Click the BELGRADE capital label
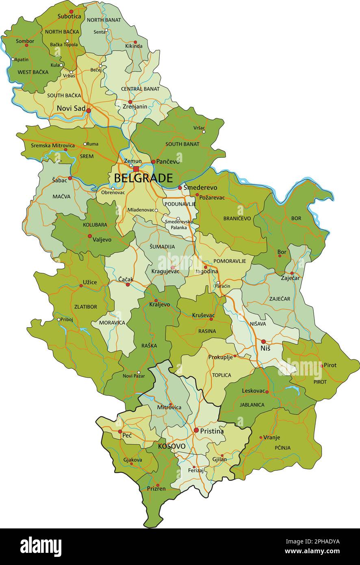[143, 178]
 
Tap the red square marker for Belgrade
[136, 169]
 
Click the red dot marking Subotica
[72, 11]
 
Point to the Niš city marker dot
[263, 342]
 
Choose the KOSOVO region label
[171, 446]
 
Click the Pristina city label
[212, 431]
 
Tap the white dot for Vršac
[204, 132]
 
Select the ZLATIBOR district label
[86, 307]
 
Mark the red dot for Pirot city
[322, 366]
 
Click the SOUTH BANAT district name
[182, 144]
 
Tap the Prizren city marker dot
[158, 485]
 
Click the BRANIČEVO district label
[237, 218]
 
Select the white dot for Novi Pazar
[139, 372]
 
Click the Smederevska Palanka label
[178, 224]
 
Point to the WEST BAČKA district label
[33, 72]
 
